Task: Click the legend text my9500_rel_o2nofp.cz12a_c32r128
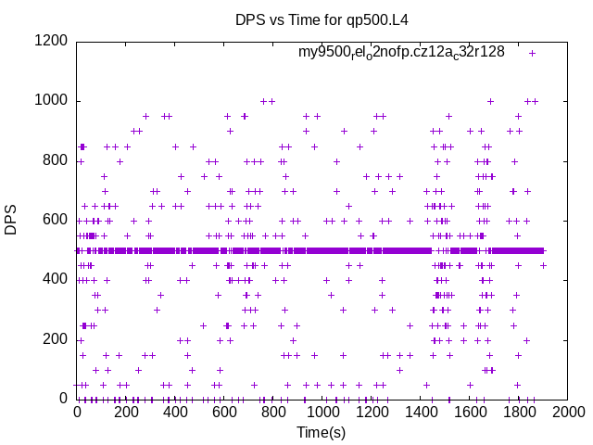(x=401, y=53)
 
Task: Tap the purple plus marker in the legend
(x=532, y=53)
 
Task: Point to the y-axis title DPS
(x=12, y=220)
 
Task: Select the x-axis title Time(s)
(x=321, y=432)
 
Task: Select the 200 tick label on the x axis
(x=126, y=413)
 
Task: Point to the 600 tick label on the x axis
(x=224, y=413)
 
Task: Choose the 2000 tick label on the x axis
(x=568, y=413)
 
